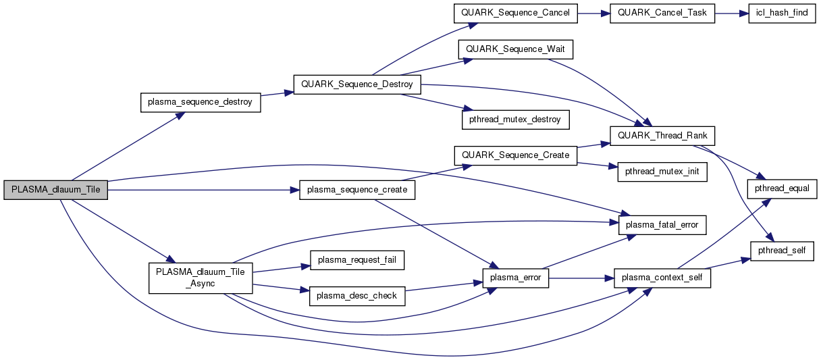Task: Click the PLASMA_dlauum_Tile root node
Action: (55, 190)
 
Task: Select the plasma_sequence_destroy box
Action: (200, 102)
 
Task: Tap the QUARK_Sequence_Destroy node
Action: (357, 84)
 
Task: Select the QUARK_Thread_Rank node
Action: (662, 136)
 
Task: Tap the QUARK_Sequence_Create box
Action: (515, 155)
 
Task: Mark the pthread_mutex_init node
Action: (662, 172)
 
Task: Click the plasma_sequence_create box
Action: (357, 190)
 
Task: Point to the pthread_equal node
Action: (782, 186)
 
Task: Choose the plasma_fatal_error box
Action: (662, 225)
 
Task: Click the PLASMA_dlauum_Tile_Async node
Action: (200, 278)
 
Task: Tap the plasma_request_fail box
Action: (356, 260)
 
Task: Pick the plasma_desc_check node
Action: (356, 295)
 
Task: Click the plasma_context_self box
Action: (662, 278)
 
